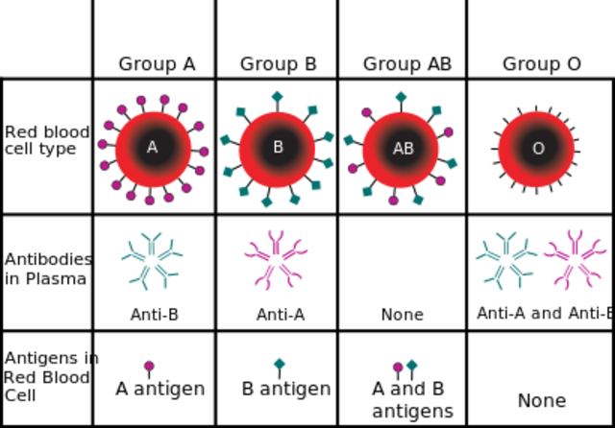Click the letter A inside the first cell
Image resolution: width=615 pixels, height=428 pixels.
click(x=152, y=148)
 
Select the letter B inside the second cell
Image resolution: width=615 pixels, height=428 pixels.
click(x=278, y=148)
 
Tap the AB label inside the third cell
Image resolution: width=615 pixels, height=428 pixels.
click(x=403, y=149)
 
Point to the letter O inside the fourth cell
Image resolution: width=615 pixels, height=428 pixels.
click(x=538, y=149)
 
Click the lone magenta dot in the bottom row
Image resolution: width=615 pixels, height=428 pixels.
click(x=149, y=366)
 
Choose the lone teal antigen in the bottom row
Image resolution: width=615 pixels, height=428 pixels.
click(x=280, y=363)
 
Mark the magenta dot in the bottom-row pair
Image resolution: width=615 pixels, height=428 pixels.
click(x=398, y=367)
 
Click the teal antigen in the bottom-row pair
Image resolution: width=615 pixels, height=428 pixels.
click(x=412, y=365)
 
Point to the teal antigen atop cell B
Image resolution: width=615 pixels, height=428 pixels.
click(x=277, y=96)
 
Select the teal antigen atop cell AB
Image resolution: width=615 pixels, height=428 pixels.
click(x=401, y=97)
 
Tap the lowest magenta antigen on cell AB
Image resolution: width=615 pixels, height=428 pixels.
click(x=393, y=201)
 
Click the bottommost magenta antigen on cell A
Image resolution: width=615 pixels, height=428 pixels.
click(x=149, y=202)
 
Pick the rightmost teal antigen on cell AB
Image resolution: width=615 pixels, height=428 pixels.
click(x=453, y=163)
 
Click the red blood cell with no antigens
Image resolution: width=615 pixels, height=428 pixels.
click(x=536, y=149)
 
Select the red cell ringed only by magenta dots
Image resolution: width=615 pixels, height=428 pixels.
click(x=153, y=149)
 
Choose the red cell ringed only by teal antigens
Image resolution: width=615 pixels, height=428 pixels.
click(x=277, y=149)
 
